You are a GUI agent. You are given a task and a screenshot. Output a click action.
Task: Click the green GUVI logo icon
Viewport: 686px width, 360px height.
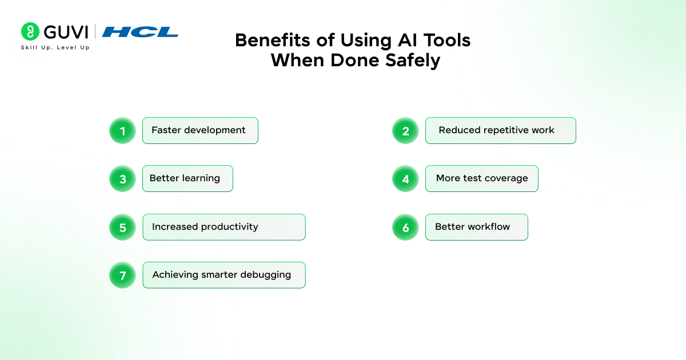click(x=30, y=31)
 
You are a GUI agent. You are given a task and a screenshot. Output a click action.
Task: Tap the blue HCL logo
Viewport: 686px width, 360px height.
click(x=140, y=32)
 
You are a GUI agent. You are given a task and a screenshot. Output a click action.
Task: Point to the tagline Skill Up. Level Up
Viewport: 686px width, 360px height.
click(x=55, y=47)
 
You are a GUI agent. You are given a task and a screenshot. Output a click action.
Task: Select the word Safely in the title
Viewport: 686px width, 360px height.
click(x=413, y=61)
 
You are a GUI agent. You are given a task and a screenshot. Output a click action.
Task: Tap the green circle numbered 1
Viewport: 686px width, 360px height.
click(x=122, y=131)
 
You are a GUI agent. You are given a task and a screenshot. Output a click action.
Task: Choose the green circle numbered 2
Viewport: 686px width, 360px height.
click(x=405, y=131)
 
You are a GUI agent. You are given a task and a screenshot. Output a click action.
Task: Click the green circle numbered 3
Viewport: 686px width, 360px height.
click(x=122, y=179)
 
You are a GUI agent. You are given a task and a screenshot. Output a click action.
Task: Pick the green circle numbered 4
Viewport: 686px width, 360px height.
click(x=405, y=179)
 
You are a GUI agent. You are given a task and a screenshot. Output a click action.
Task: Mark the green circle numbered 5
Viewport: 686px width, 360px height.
click(x=122, y=227)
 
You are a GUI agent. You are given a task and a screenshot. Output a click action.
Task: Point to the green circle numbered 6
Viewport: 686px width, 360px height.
click(x=405, y=227)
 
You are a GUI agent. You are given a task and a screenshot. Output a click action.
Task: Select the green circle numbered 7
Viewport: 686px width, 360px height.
click(x=122, y=275)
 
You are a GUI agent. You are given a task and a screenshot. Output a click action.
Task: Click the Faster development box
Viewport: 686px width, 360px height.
click(x=200, y=130)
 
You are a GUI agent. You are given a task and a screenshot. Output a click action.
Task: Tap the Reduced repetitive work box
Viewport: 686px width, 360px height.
click(x=501, y=130)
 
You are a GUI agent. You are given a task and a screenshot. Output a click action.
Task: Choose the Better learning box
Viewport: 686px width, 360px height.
click(x=188, y=178)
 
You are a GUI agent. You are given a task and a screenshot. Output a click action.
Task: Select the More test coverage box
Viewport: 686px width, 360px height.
click(x=482, y=178)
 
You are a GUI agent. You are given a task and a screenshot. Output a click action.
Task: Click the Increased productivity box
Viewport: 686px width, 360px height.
click(x=224, y=227)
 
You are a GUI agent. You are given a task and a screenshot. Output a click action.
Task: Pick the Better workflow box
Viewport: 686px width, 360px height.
click(x=477, y=227)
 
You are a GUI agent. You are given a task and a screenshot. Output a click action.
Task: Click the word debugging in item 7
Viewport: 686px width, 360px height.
click(x=265, y=275)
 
